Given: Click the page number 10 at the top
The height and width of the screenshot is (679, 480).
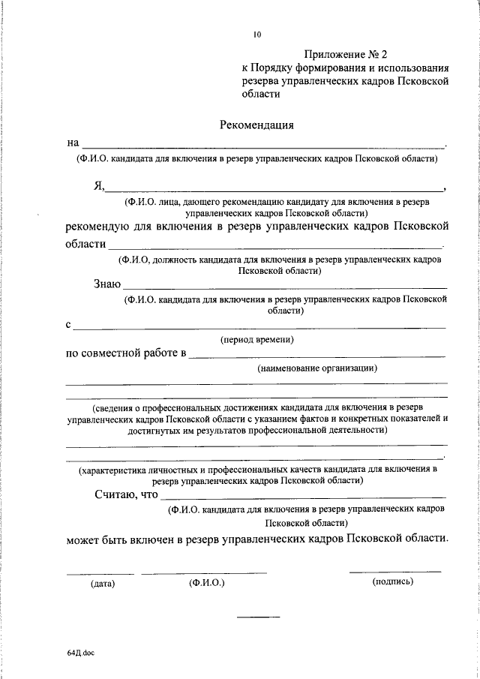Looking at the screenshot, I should (258, 34).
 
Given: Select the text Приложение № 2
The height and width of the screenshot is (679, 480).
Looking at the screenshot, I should (347, 54).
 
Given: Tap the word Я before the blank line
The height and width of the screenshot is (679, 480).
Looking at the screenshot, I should (98, 186).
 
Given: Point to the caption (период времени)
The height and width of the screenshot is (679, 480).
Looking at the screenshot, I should (257, 340).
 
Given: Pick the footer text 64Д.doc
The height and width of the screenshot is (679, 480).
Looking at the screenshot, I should (80, 653).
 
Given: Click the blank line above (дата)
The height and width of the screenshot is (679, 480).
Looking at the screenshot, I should (100, 574).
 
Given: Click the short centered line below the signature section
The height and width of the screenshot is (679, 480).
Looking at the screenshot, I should (258, 617).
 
